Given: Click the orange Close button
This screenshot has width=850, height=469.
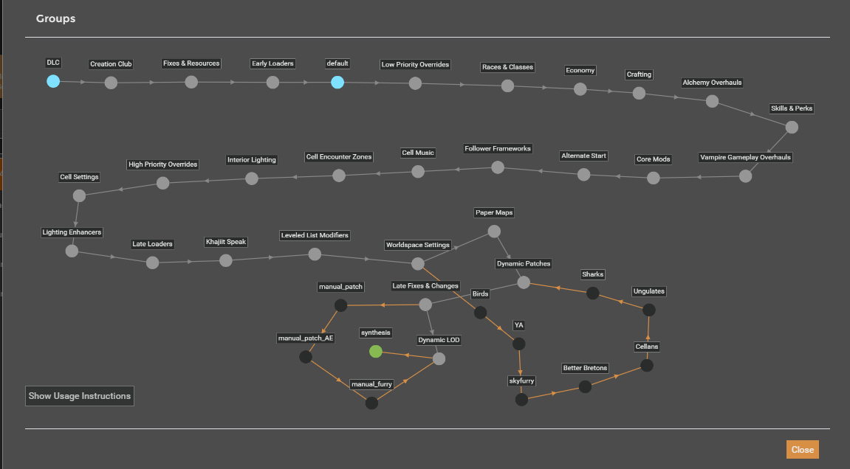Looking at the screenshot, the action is click(802, 450).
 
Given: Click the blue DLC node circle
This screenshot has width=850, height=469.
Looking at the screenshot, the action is click(53, 81).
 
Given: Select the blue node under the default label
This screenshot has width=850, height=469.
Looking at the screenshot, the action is click(337, 83).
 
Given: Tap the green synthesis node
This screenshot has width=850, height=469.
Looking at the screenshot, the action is click(376, 352).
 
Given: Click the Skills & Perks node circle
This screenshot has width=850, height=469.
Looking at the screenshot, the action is click(792, 128).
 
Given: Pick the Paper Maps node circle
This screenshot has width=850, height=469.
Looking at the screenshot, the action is click(494, 232).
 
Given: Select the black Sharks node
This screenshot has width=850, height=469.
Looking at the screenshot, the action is click(592, 293).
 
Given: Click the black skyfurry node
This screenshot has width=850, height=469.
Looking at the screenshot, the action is click(521, 400).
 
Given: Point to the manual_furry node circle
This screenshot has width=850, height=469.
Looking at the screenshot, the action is click(371, 403).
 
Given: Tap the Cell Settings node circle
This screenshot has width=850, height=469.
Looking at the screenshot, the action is click(79, 195).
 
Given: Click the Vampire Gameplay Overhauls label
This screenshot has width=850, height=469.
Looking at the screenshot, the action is click(745, 157).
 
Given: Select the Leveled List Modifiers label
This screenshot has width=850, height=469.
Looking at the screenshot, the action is click(315, 235).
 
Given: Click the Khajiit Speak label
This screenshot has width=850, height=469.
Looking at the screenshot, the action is click(226, 242).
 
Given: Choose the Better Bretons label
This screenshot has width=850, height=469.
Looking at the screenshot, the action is click(585, 368).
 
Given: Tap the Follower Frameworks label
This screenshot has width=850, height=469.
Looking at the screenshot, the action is click(498, 148).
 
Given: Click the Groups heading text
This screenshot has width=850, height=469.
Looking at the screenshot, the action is click(56, 18).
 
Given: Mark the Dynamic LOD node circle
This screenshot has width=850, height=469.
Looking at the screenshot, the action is click(439, 358).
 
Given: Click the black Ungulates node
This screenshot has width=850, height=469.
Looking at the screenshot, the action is click(649, 310).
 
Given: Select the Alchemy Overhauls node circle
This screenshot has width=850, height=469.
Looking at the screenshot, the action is click(712, 101).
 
